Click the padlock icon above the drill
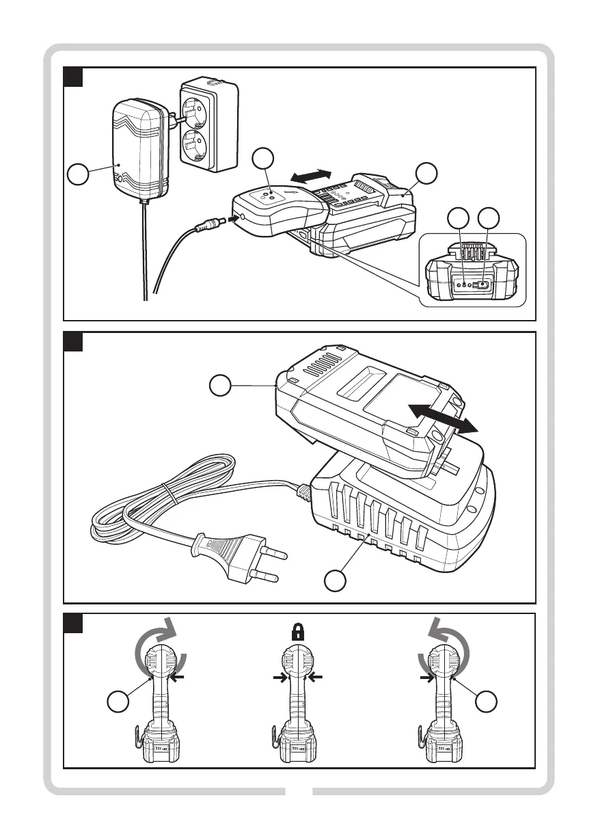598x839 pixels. [297, 631]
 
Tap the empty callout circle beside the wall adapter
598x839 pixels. [79, 176]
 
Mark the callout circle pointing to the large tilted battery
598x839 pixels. [220, 385]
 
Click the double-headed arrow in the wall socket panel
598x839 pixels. [311, 175]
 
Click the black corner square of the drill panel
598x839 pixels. [73, 623]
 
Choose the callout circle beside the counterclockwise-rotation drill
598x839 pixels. [487, 702]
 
